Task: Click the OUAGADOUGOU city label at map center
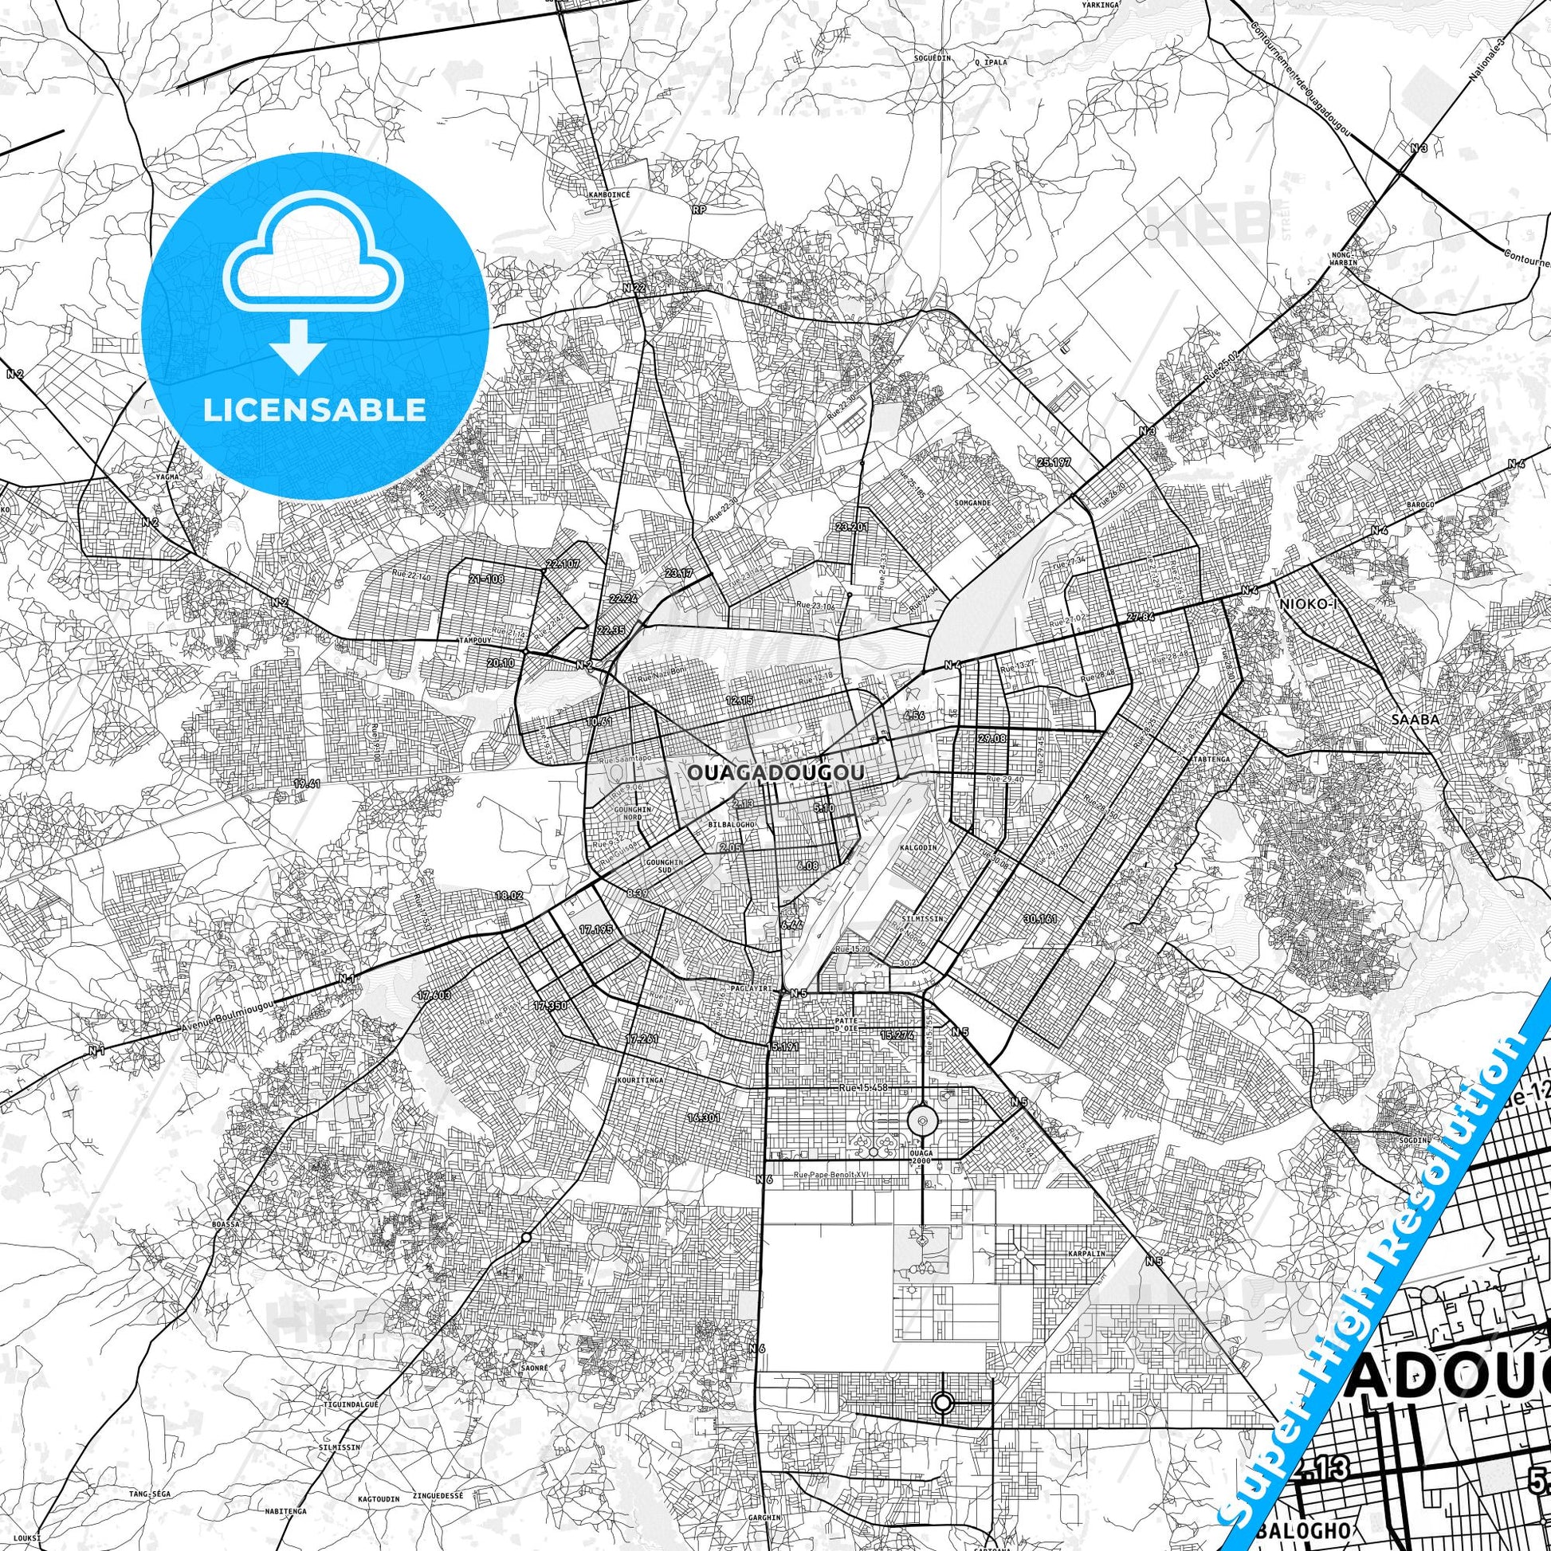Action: pyautogui.click(x=775, y=772)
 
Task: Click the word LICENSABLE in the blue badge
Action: pyautogui.click(x=315, y=410)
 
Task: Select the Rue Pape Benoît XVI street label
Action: pyautogui.click(x=830, y=1176)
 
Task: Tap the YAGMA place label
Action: pyautogui.click(x=169, y=477)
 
